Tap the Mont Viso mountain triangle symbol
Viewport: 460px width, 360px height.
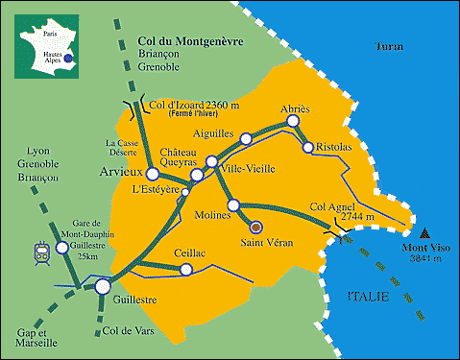coord(425,232)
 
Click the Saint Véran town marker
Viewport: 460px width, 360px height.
coord(254,228)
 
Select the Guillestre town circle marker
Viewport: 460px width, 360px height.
coord(103,286)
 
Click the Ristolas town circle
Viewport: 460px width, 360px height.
coord(308,147)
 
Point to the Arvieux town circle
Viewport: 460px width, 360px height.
coord(150,173)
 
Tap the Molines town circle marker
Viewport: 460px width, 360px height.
coord(233,205)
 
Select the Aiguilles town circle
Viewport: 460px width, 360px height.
coord(245,139)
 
